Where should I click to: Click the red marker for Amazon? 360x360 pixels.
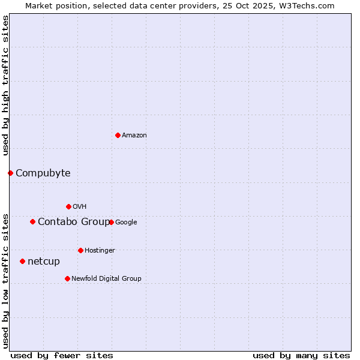coord(118,135)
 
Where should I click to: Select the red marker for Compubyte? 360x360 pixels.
coord(10,173)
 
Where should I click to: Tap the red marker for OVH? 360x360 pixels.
coord(68,206)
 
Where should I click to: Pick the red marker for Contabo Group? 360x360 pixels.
coord(32,221)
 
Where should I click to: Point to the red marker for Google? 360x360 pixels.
coord(111,222)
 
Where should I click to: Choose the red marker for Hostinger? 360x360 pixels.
coord(80,250)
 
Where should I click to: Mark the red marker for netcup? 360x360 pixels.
coord(22,261)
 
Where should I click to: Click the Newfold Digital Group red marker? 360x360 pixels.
coord(67,278)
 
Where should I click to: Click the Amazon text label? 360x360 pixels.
coord(134,136)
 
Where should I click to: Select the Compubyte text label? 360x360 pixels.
coord(43,173)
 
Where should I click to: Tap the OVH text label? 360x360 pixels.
coord(80,207)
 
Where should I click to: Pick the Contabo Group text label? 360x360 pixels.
coord(73,222)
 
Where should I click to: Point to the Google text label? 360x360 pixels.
coord(126,223)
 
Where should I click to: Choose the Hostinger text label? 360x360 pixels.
coord(100,251)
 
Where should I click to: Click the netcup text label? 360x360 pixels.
coord(44,262)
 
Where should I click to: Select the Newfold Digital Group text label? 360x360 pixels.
coord(106,279)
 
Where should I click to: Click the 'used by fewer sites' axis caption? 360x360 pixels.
coord(62,355)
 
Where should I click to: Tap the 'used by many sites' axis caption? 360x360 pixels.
coord(301,355)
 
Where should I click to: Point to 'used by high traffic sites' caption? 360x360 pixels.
coord(5,85)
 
